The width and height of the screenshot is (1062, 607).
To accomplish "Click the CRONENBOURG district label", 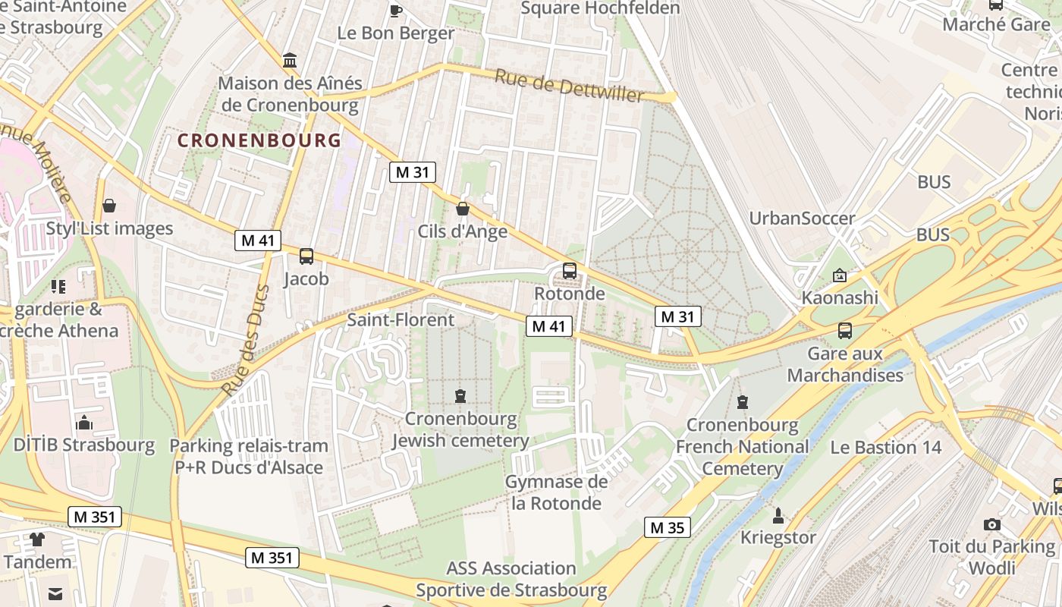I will point(259,140).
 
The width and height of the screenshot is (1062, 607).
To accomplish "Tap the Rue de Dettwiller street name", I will point(569,85).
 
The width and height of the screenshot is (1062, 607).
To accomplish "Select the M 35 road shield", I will point(667,527).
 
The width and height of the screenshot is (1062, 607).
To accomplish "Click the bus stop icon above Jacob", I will point(306,256).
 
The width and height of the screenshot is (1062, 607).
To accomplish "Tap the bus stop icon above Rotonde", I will point(569,270).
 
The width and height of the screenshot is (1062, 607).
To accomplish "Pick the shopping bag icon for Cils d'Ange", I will point(462,209).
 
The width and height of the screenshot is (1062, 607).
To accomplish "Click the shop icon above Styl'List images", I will point(109,206).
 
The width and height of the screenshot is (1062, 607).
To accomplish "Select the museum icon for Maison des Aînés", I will point(290,60).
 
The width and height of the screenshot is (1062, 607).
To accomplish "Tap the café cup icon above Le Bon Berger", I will point(395,10).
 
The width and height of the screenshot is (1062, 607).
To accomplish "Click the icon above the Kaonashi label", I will point(839,275).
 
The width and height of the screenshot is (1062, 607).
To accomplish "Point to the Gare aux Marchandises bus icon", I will point(844,330).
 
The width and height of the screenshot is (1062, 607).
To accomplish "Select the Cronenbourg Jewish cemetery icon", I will point(460,395).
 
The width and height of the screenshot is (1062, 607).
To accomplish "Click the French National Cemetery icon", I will point(742,401).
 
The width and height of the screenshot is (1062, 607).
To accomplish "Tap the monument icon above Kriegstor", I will point(778,516).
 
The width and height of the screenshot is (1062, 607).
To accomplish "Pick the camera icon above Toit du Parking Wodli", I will point(991,524).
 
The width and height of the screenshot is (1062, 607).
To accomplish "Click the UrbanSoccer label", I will point(802,219).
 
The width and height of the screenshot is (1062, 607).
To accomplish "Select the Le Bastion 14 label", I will point(885,447).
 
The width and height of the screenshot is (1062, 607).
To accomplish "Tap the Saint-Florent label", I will point(401,319).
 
